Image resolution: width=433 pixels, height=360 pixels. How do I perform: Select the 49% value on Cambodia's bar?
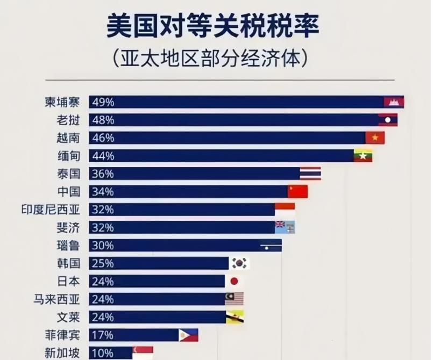102,102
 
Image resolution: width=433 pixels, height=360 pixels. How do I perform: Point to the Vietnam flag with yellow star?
375,138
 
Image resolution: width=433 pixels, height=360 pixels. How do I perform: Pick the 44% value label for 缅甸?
102,156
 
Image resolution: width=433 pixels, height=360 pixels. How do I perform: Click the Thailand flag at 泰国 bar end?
310,174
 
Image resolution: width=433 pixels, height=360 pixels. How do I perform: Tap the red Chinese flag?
297,191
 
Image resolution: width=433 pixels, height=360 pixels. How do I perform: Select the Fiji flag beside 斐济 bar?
285,227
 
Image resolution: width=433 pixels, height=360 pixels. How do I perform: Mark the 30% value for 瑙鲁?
102,246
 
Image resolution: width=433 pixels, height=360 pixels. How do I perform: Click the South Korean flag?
240,263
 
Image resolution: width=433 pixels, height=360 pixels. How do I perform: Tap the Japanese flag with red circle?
234,281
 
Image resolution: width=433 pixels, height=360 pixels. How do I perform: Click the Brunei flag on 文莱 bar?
235,317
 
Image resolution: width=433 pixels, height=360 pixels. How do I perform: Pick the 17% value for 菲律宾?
102,335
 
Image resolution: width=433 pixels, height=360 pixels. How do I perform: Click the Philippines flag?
188,335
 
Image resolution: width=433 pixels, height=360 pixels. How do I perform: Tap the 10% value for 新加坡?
102,353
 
